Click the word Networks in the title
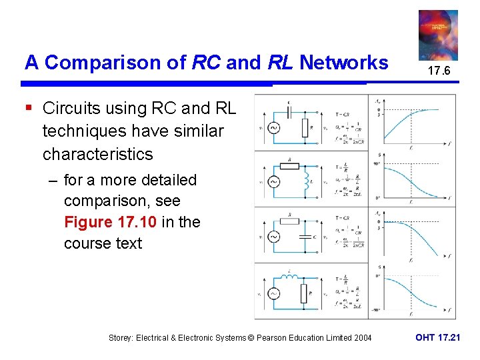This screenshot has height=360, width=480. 343,63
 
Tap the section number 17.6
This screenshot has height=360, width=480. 438,71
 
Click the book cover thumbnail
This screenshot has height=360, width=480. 438,35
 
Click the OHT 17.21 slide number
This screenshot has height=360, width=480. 437,337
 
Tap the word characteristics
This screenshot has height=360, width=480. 97,154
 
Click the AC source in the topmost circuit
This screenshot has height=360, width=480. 273,127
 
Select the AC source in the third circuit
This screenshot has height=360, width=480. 273,237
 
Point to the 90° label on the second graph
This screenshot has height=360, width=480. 377,163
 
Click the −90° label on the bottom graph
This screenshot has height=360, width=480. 376,310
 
